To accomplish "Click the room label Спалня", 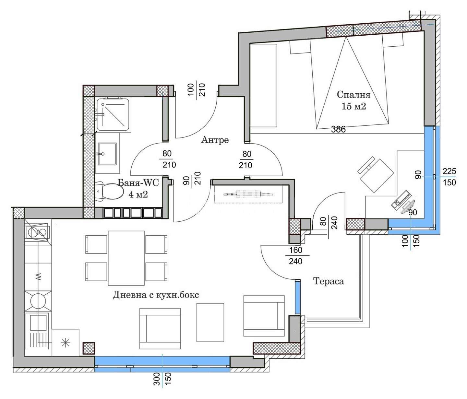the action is pos(353,95).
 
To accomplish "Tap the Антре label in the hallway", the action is pos(215,140).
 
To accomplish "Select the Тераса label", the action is pos(329,281).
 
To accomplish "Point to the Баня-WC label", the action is pos(138,183).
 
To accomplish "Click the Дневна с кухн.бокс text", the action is pos(156,295).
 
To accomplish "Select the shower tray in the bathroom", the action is pos(114,115).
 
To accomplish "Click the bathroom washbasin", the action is pos(107,154).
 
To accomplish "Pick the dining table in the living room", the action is pos(126,258).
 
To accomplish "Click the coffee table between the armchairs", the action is pos(210,323).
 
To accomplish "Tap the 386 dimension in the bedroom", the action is pos(338,129).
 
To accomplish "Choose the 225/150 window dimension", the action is pos(449,177).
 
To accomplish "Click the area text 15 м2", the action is pos(353,106).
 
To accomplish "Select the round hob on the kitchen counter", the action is pos(38,301).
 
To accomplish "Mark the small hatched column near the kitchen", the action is pos(89,348).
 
